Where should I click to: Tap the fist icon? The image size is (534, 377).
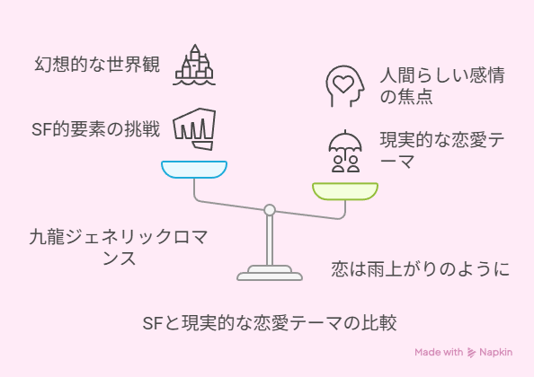tap(194, 129)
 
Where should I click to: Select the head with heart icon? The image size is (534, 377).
tap(345, 86)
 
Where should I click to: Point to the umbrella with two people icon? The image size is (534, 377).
tap(345, 151)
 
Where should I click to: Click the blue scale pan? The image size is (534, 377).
tap(194, 170)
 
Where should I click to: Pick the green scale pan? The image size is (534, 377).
tap(345, 191)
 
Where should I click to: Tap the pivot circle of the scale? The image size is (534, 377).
tap(270, 210)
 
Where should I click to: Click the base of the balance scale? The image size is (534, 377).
tap(270, 273)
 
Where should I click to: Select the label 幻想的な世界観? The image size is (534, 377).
tap(97, 65)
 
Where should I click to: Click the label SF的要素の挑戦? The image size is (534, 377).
tap(95, 129)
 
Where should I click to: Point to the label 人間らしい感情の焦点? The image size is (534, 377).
tap(442, 85)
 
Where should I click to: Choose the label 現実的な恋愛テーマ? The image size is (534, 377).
tap(442, 151)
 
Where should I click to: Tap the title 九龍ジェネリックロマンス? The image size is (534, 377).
tap(119, 247)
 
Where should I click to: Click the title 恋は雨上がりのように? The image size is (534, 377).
tap(421, 269)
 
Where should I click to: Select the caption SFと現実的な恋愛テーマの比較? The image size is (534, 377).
tap(270, 322)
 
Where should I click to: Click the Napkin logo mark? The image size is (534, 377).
tap(471, 353)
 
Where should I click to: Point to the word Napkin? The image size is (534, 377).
tap(496, 353)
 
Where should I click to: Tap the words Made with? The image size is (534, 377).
tap(439, 352)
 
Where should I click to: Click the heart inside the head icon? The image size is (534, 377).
tap(343, 84)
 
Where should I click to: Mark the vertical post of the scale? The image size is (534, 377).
tap(270, 241)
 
